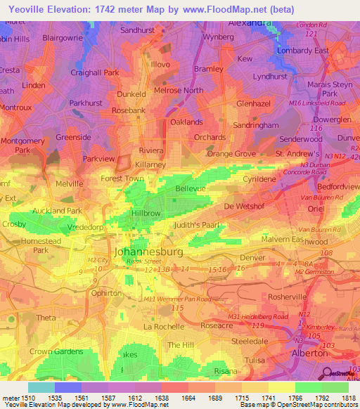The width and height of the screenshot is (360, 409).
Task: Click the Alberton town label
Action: pyautogui.click(x=309, y=354)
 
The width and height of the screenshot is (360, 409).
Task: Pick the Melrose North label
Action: pyautogui.click(x=179, y=91)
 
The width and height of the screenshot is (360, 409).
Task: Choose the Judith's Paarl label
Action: pyautogui.click(x=198, y=225)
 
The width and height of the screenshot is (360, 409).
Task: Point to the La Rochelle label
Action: pyautogui.click(x=163, y=327)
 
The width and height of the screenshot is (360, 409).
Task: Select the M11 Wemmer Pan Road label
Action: pyautogui.click(x=174, y=299)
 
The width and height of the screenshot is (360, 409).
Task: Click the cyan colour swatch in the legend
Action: pyautogui.click(x=41, y=387)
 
